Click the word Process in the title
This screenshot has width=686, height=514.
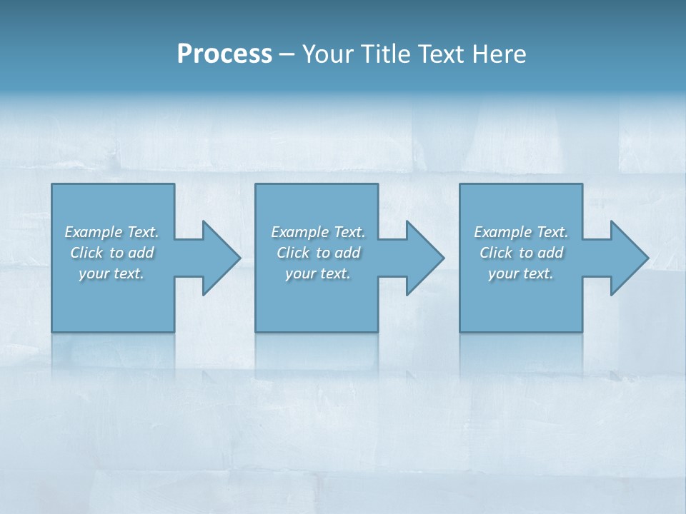tap(224, 54)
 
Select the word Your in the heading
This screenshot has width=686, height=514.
tap(327, 54)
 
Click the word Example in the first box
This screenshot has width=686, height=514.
tap(93, 232)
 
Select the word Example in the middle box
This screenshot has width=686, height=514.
tap(299, 232)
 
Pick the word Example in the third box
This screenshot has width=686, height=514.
tap(502, 232)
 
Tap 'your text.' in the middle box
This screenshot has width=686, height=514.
tap(317, 273)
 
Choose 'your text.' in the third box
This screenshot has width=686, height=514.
tap(520, 273)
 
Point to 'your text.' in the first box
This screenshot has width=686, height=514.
tap(111, 273)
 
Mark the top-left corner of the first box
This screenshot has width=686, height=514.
tap(52, 184)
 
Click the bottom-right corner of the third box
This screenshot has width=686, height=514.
tap(582, 331)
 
